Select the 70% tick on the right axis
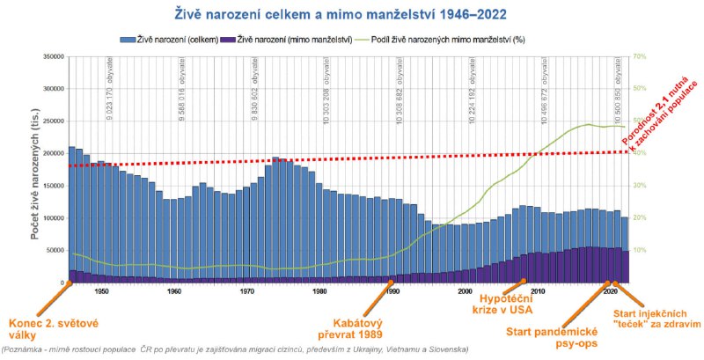coord(639,57)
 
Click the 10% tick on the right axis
coord(639,250)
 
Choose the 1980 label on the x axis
coord(319,290)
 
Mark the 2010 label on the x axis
coord(537,290)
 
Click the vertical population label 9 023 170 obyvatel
coord(109,90)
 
